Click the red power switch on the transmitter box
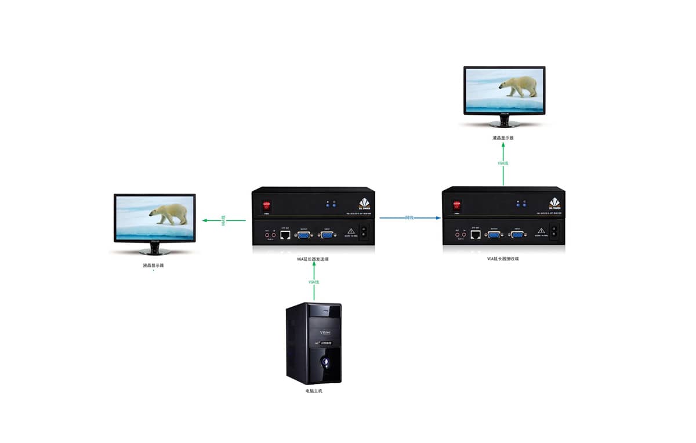pyautogui.click(x=267, y=205)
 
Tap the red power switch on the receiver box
pyautogui.click(x=456, y=205)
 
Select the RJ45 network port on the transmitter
pyautogui.click(x=285, y=235)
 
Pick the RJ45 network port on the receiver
pyautogui.click(x=475, y=235)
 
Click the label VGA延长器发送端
pyautogui.click(x=313, y=259)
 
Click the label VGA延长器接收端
pyautogui.click(x=502, y=259)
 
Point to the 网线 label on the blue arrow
pyautogui.click(x=409, y=217)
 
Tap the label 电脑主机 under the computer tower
pyautogui.click(x=313, y=391)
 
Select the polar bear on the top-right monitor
pyautogui.click(x=519, y=86)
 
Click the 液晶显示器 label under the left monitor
pyautogui.click(x=154, y=266)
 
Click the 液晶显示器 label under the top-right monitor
pyautogui.click(x=503, y=138)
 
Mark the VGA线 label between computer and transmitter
pyautogui.click(x=314, y=282)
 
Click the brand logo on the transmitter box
pyautogui.click(x=365, y=204)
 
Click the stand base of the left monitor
pyautogui.click(x=154, y=252)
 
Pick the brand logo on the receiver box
pyautogui.click(x=555, y=204)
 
